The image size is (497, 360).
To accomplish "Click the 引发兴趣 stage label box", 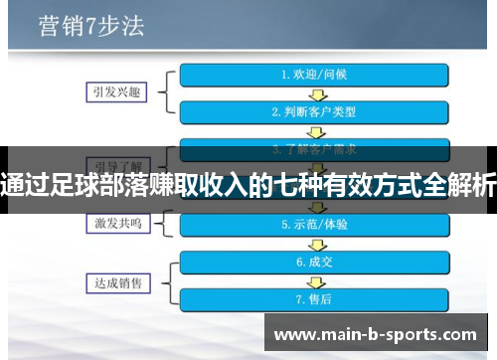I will point(114,91).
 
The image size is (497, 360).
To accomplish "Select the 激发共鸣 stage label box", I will point(114,225).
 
